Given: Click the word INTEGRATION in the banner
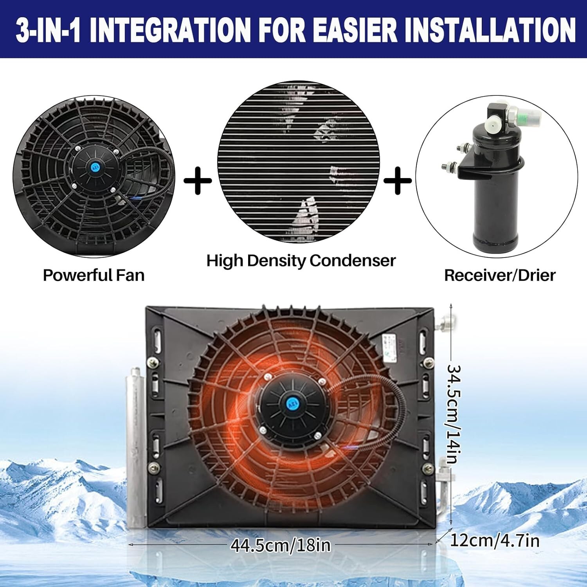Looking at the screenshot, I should [171, 30].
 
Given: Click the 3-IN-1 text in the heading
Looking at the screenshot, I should [48, 30].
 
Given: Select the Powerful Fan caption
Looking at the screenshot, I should [94, 275].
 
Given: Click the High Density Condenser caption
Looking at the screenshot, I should [301, 261].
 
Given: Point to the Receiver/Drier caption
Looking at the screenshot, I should [500, 275].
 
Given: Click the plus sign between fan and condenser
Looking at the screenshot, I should [198, 180].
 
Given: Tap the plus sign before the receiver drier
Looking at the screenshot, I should [398, 180].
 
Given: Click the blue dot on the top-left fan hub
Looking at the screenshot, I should [94, 167].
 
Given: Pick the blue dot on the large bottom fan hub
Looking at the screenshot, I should [292, 403].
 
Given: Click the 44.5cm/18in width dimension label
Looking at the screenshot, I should [280, 545].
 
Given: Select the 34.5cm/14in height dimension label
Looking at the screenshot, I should [454, 414].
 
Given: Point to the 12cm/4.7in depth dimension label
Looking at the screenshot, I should [495, 541].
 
